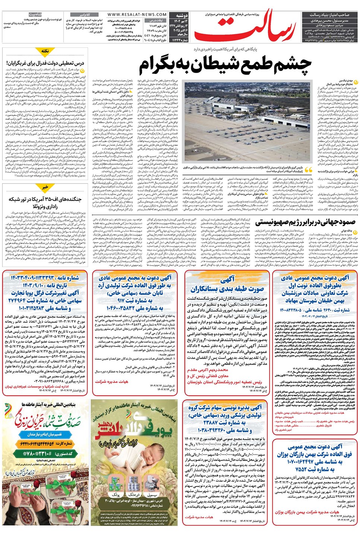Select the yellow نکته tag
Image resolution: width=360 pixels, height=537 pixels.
45,51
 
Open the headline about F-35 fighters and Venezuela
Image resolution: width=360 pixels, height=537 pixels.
45,203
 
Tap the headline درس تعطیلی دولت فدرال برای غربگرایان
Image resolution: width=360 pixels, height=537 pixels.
45,63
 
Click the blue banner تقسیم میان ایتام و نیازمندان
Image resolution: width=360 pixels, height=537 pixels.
45,434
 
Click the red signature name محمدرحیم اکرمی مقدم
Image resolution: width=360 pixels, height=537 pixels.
208,370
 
